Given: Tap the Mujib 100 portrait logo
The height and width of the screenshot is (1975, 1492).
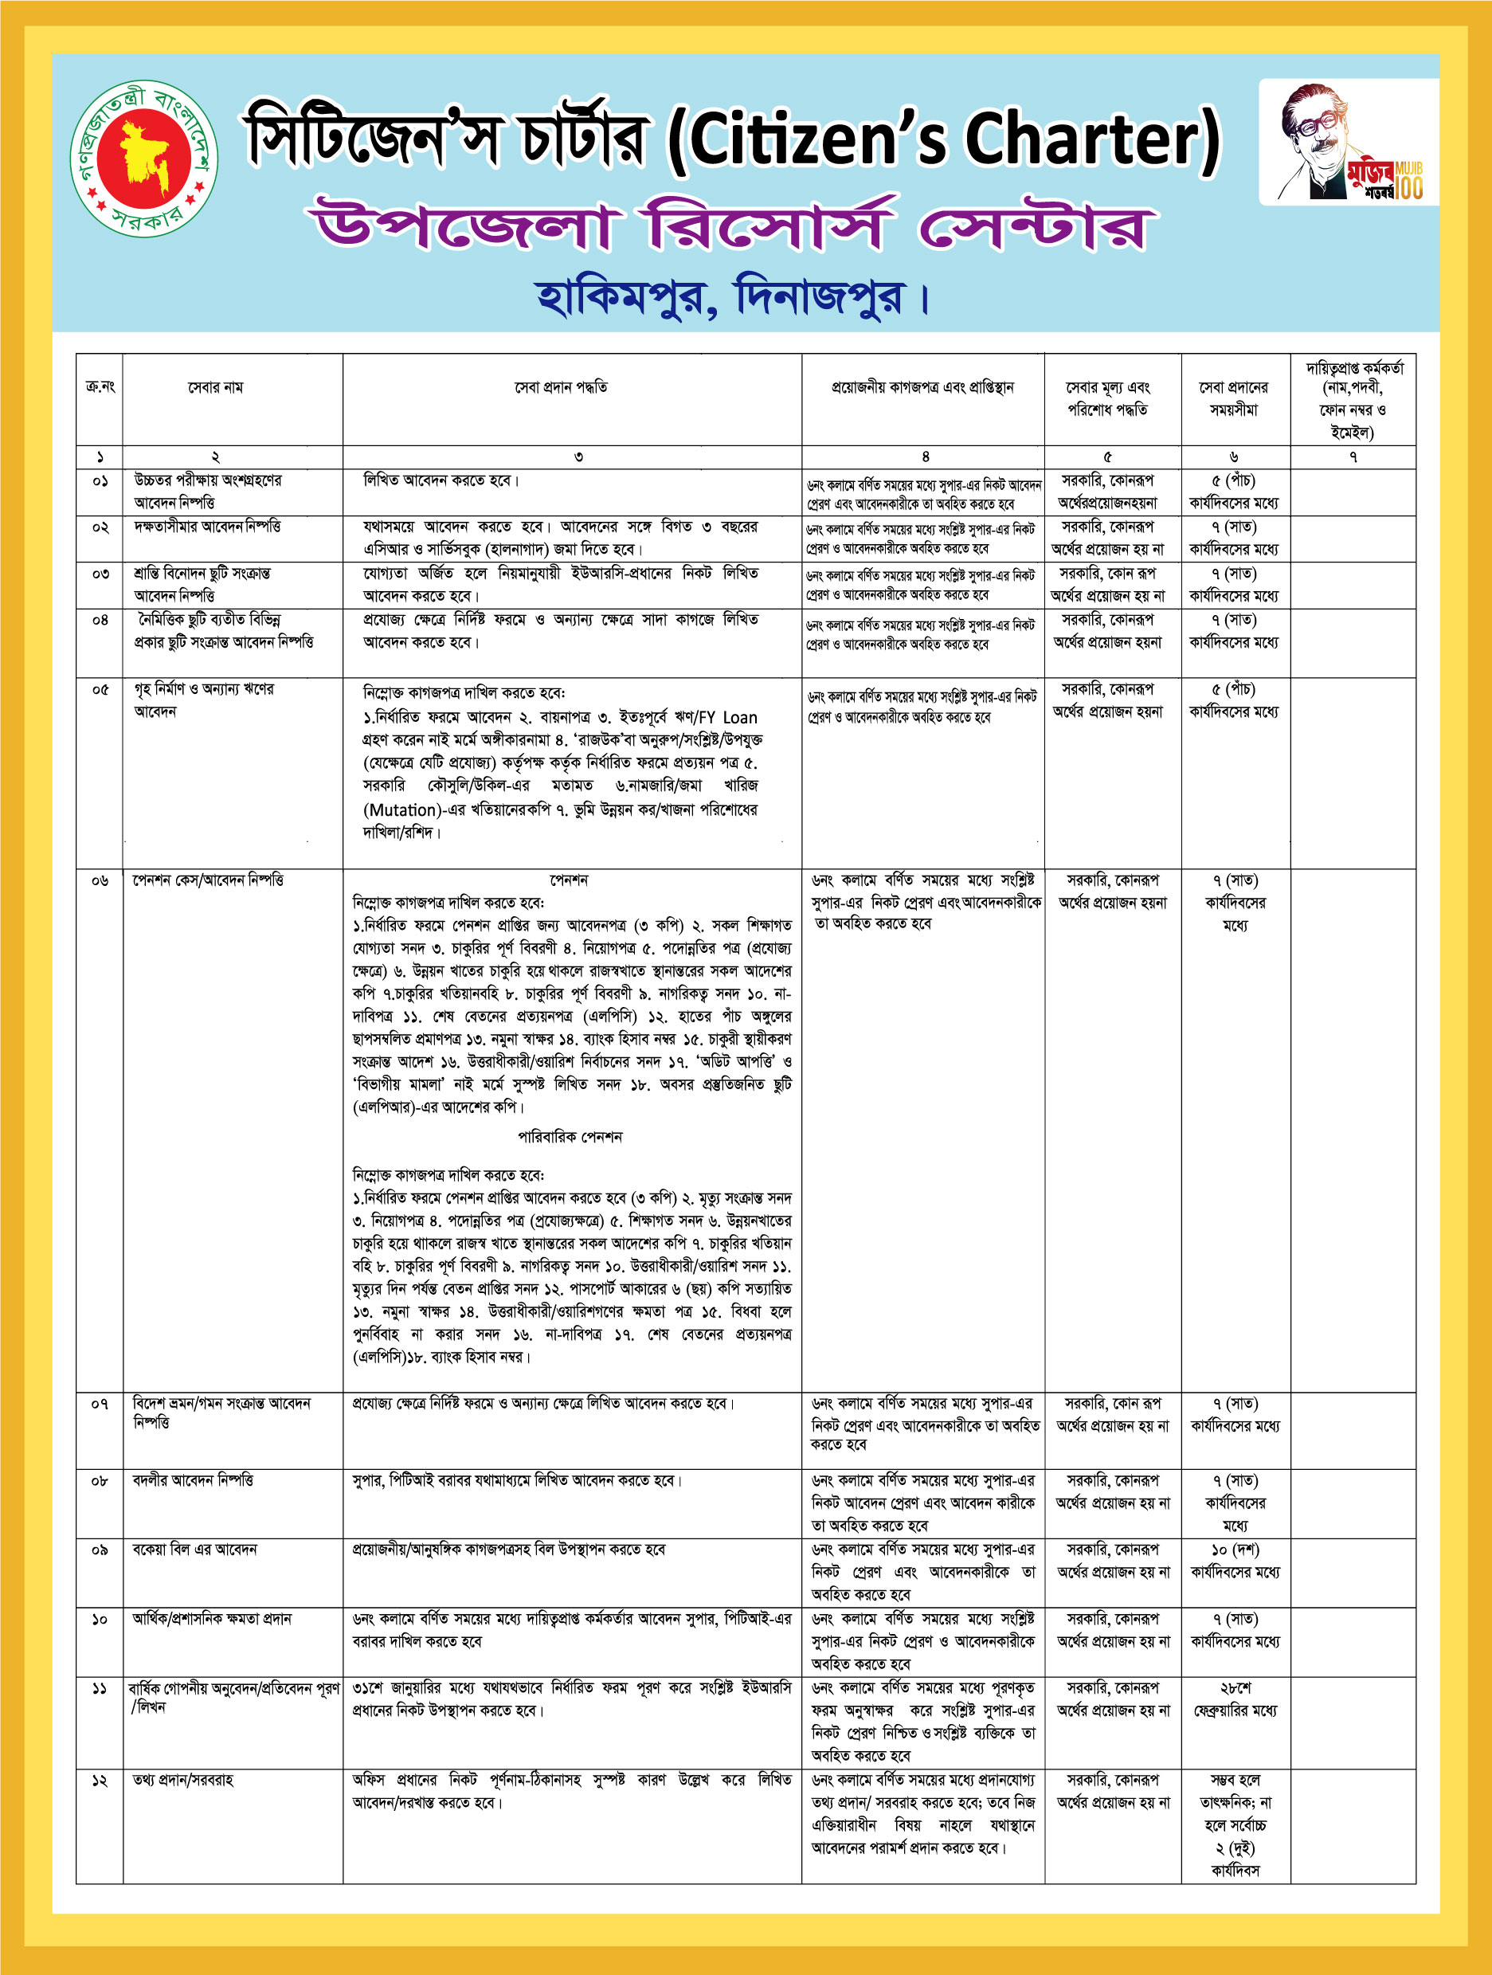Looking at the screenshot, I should pyautogui.click(x=1349, y=143).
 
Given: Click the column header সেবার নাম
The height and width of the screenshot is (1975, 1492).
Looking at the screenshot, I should pyautogui.click(x=215, y=387).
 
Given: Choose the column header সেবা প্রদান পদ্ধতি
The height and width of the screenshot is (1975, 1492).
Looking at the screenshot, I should pyautogui.click(x=561, y=387).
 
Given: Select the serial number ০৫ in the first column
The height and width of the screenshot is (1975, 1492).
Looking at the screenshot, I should pyautogui.click(x=99, y=689).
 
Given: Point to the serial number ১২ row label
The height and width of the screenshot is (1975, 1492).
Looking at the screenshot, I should pyautogui.click(x=99, y=1781).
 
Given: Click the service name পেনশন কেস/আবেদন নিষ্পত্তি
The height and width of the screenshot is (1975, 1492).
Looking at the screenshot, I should pyautogui.click(x=207, y=880).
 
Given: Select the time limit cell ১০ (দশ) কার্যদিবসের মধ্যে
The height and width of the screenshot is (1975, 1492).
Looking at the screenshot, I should pyautogui.click(x=1235, y=1561).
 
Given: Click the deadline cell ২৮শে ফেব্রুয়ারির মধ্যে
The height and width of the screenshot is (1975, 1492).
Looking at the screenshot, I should pyautogui.click(x=1235, y=1699).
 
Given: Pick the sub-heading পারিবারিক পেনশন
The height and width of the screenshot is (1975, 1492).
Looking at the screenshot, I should pyautogui.click(x=570, y=1137).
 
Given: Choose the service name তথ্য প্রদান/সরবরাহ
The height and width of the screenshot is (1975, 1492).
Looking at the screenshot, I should pyautogui.click(x=183, y=1781).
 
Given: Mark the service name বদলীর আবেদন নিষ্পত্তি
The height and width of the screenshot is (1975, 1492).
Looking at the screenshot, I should pyautogui.click(x=193, y=1480).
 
